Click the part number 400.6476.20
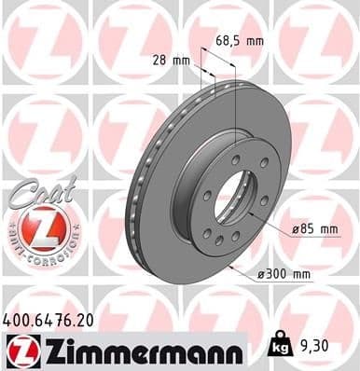[48, 320]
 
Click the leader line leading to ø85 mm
[280, 224]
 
